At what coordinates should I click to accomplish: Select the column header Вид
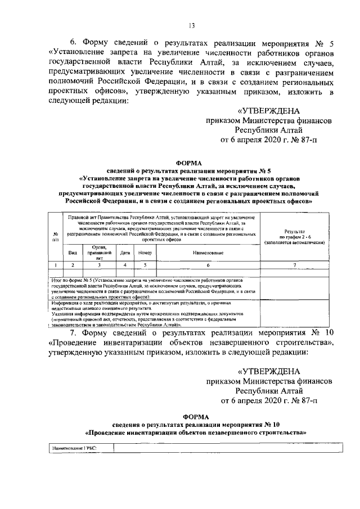73,253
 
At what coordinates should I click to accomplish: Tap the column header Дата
125,253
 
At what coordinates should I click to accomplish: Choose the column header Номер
145,253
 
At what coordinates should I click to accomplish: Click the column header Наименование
208,253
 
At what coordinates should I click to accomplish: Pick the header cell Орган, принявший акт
99,250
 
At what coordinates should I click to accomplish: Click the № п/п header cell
55,237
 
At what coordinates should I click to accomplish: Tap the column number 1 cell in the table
55,264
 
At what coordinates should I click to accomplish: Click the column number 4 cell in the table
125,264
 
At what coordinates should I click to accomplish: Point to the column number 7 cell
295,264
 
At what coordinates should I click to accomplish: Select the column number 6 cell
208,264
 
